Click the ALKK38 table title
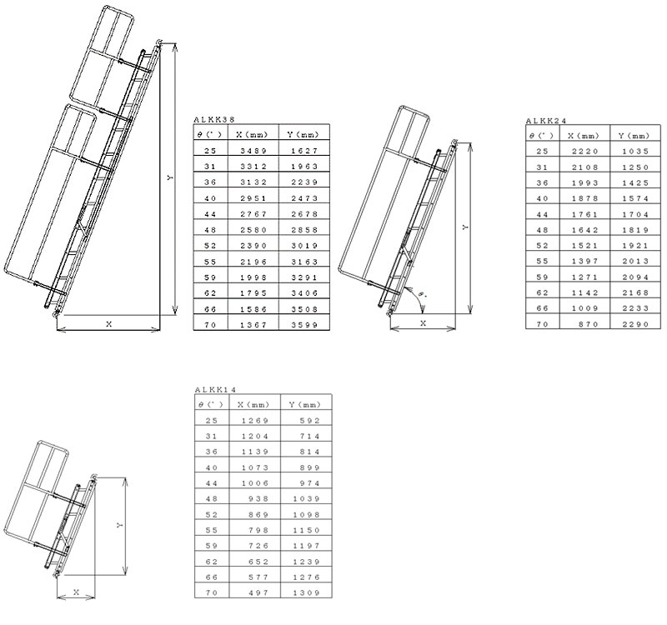coord(214,119)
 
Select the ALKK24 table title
coord(546,121)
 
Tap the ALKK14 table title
coord(215,389)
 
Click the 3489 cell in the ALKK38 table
coord(253,151)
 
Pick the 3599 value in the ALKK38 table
coord(304,325)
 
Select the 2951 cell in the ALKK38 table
coord(253,198)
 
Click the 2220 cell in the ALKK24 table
coord(585,151)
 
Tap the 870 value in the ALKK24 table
coord(589,324)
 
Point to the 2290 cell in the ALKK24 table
coord(635,324)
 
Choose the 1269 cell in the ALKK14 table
coord(255,421)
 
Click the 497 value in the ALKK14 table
coord(258,592)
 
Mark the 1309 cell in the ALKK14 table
coord(306,592)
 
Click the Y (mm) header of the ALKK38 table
coord(303,135)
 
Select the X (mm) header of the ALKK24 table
coord(583,136)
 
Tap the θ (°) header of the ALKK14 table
coord(211,405)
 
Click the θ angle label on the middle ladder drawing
coord(421,294)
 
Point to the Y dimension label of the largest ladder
coord(170,177)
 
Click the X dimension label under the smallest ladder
coord(77,592)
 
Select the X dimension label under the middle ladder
coord(424,323)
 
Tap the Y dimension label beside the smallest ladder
coord(119,526)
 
